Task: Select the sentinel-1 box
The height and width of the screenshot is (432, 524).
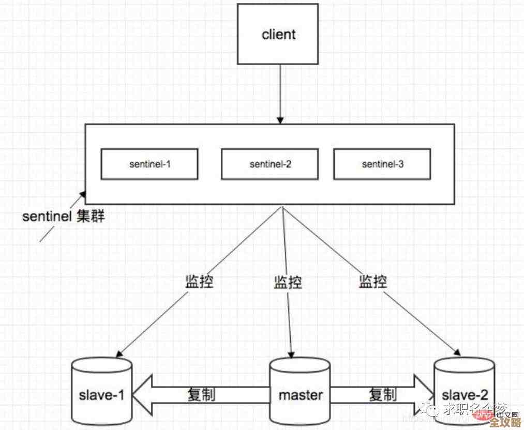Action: click(x=149, y=164)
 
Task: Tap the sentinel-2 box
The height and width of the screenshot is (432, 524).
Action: click(x=270, y=164)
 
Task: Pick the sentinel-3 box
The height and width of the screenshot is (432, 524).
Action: click(x=382, y=164)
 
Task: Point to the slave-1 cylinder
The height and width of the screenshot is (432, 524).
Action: click(x=101, y=391)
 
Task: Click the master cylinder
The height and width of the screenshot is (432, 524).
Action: click(x=300, y=391)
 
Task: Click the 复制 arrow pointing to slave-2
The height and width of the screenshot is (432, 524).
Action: click(x=383, y=395)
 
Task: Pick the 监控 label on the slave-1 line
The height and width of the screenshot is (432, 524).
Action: click(x=199, y=282)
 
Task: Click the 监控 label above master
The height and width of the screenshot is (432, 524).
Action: click(x=288, y=282)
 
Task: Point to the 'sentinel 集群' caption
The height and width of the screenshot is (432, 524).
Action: click(x=63, y=217)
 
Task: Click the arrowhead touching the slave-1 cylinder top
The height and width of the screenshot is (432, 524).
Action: click(x=118, y=354)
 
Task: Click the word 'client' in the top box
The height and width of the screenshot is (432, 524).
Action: click(x=279, y=35)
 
